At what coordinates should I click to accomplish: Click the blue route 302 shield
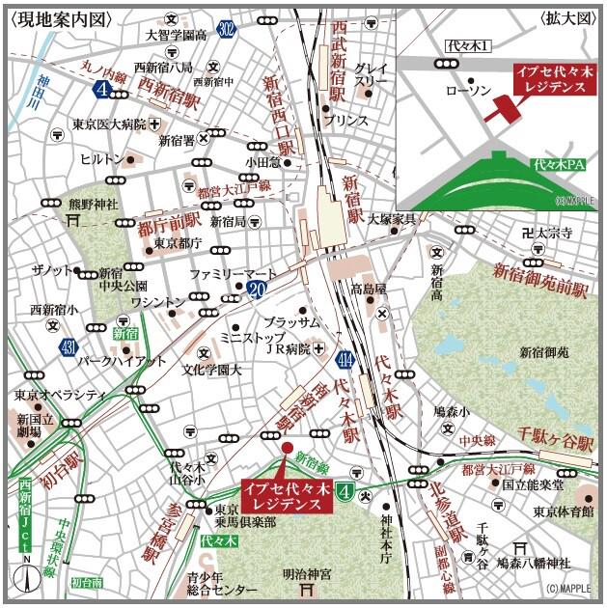(226, 30)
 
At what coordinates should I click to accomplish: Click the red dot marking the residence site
(287, 448)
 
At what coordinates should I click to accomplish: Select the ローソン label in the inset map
(468, 90)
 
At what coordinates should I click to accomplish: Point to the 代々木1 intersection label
(470, 45)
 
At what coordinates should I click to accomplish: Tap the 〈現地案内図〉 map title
(60, 17)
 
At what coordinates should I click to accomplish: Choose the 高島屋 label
(368, 289)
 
